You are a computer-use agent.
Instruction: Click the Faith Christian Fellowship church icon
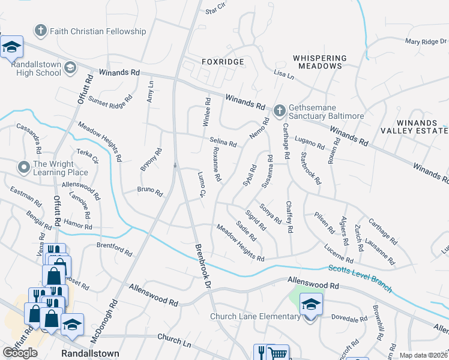(40, 31)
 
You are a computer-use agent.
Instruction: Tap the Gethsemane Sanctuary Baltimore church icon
(279, 110)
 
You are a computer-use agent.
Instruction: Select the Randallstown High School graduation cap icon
(70, 67)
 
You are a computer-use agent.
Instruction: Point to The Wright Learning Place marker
(23, 167)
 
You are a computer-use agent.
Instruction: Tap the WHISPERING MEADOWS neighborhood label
(319, 62)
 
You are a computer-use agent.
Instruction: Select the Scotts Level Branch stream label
(360, 278)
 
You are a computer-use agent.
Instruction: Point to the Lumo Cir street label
(202, 184)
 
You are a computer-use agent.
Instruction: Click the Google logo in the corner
(20, 353)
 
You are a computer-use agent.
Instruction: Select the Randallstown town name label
(90, 354)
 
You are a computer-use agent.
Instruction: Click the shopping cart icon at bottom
(278, 353)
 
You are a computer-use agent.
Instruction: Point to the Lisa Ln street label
(283, 76)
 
